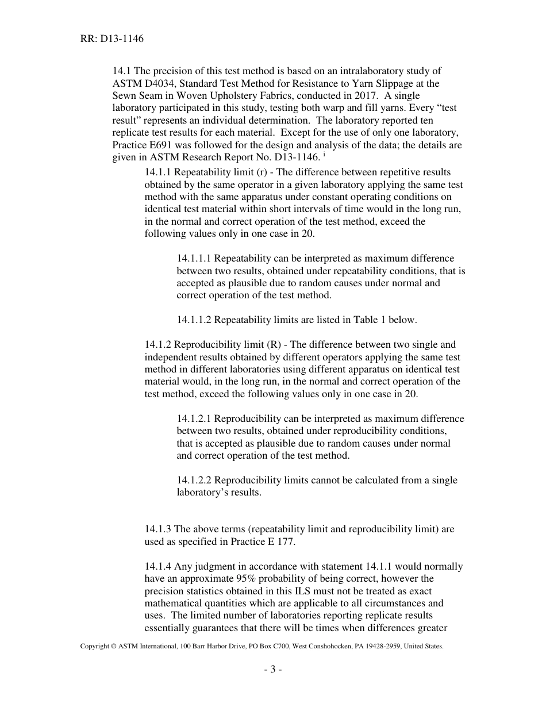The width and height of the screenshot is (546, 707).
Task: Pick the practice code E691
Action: (x=164, y=145)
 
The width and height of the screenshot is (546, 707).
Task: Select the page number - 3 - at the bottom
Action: (x=273, y=670)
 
